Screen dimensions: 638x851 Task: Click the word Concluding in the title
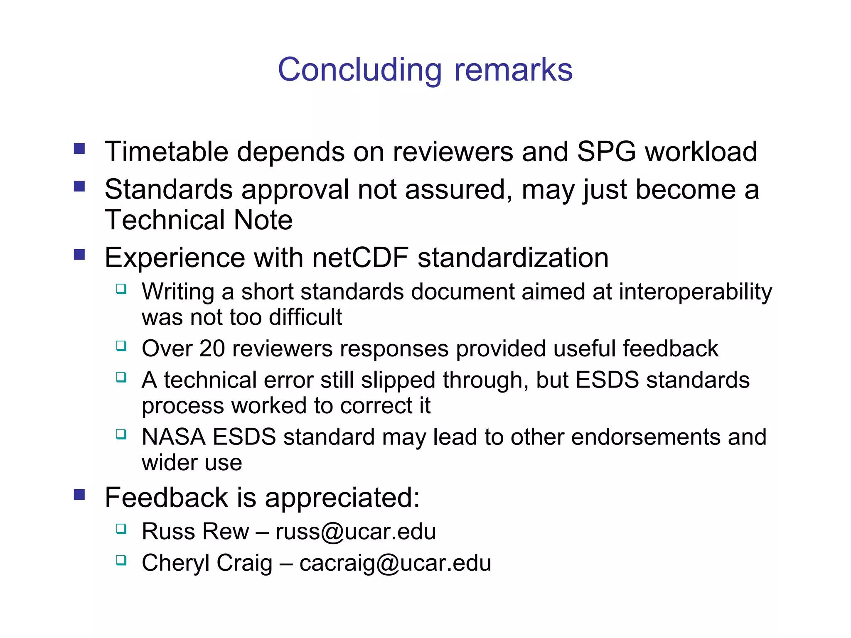[x=359, y=70]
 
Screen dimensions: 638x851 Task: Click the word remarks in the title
[x=513, y=70]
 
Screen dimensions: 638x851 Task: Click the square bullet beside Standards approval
[x=79, y=186]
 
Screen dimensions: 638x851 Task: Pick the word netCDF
[x=360, y=258]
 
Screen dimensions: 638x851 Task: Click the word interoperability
[x=695, y=292]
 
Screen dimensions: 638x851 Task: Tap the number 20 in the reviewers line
[x=212, y=348]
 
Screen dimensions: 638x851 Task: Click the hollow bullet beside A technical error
[x=121, y=377]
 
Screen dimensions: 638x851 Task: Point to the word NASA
[x=173, y=437]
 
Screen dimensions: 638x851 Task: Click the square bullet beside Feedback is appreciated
[x=79, y=494]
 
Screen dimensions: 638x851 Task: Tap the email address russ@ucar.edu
[x=356, y=531]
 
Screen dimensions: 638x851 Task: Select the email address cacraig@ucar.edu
[x=395, y=563]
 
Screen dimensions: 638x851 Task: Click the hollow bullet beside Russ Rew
[x=121, y=529]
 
